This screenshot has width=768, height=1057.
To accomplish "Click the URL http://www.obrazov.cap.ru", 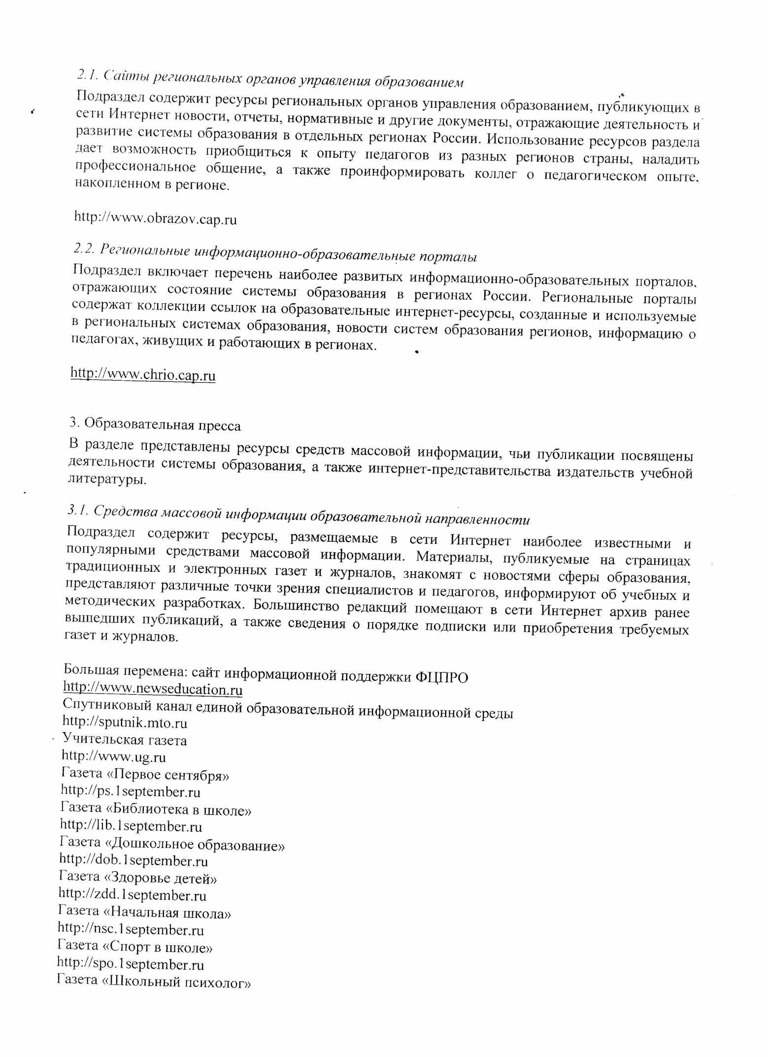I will [x=155, y=218].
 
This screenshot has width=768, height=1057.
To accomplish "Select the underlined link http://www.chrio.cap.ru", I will [x=143, y=374].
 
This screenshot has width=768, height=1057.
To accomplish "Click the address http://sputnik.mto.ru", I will [x=125, y=723].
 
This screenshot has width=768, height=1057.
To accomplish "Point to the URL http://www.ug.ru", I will [x=113, y=757].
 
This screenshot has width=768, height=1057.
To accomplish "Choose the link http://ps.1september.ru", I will [x=131, y=792].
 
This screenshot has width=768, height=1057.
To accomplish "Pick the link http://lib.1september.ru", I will [x=131, y=826].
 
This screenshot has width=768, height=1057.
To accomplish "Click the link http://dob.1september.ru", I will [x=133, y=861].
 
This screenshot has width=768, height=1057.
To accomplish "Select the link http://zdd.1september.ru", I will [x=132, y=895].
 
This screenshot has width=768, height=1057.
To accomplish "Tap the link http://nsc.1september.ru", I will [x=131, y=929].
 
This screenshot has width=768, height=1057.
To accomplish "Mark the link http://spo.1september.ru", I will [x=131, y=964].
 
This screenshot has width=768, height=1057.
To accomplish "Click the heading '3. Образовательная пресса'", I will [x=155, y=424].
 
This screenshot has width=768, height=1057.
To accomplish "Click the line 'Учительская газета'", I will [x=125, y=740].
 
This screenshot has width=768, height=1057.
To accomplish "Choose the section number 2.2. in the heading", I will [x=84, y=248].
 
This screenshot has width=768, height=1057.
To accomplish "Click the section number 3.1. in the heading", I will [x=77, y=511].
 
